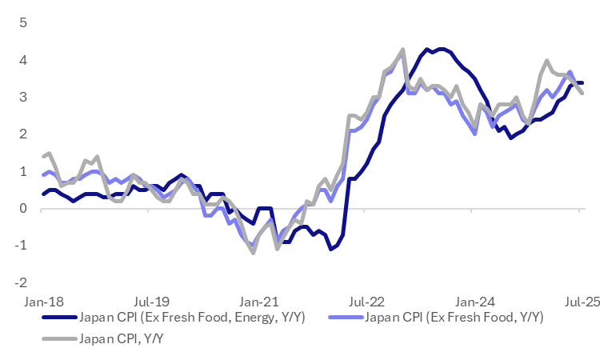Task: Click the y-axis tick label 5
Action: (x=23, y=22)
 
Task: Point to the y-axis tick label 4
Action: (x=23, y=60)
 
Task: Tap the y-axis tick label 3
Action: (x=23, y=97)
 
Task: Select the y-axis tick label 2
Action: (x=23, y=134)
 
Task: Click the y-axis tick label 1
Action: (x=23, y=171)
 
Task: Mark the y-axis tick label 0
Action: (x=23, y=208)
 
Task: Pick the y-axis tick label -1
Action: (x=22, y=246)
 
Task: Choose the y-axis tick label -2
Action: (x=22, y=282)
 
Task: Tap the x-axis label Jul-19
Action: (x=151, y=302)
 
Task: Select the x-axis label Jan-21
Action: (x=259, y=302)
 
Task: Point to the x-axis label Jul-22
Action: (x=367, y=302)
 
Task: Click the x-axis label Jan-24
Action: (x=475, y=302)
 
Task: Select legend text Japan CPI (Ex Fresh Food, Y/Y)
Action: (x=454, y=318)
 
